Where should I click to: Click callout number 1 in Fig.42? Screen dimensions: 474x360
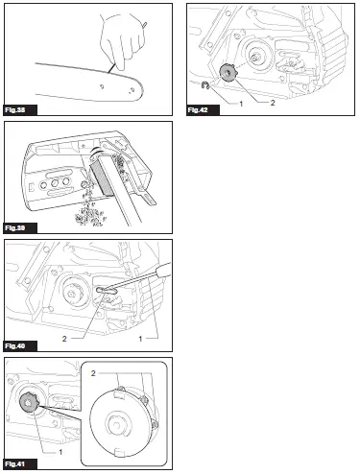240,100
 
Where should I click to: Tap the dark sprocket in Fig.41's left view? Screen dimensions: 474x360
31,404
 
